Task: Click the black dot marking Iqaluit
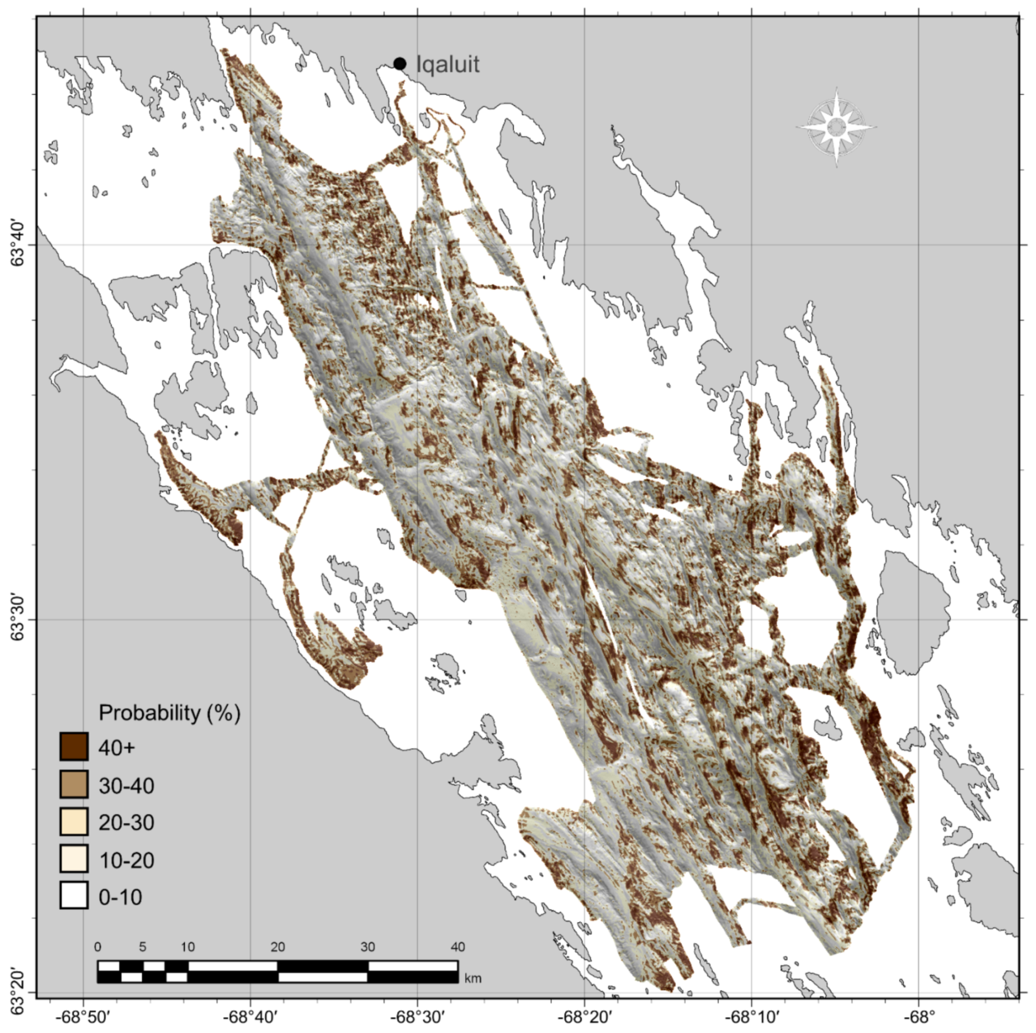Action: click(x=400, y=63)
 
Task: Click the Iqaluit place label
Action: click(x=447, y=64)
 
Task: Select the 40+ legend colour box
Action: click(x=74, y=747)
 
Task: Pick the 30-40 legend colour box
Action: click(x=74, y=784)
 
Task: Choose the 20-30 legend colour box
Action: click(x=74, y=822)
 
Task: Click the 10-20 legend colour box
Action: click(x=74, y=859)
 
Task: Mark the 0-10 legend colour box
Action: click(x=74, y=896)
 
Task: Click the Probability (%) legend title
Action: click(x=169, y=713)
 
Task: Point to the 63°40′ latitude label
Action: click(x=19, y=245)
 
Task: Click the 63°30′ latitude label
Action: click(x=19, y=619)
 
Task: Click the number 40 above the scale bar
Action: click(x=457, y=947)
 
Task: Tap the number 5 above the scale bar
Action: click(x=143, y=947)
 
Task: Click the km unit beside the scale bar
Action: click(x=473, y=979)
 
